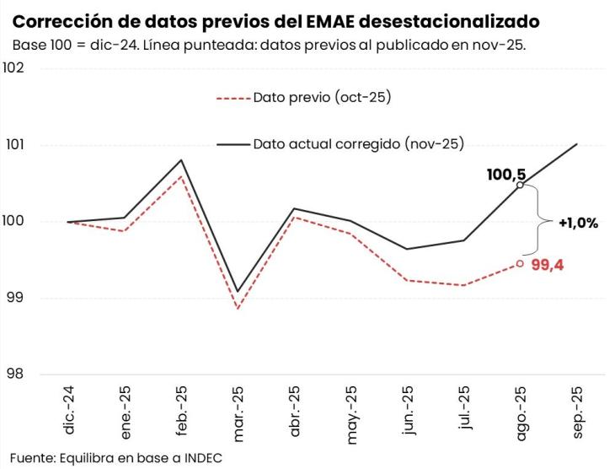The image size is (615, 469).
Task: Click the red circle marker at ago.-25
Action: click(x=520, y=263)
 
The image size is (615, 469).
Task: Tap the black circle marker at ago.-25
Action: click(x=520, y=185)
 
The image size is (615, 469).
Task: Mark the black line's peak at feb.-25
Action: click(x=181, y=160)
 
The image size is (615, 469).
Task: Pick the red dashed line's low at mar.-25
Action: click(x=238, y=309)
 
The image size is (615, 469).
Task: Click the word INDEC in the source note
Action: click(x=206, y=456)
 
